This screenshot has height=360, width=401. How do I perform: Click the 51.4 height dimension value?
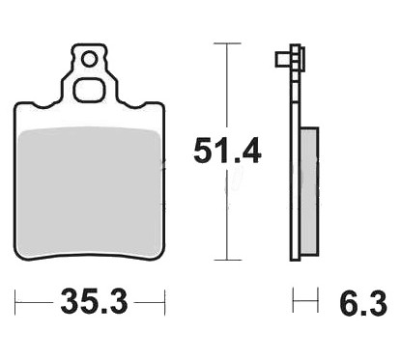pyautogui.click(x=227, y=151)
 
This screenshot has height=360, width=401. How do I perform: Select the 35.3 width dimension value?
pyautogui.click(x=94, y=302)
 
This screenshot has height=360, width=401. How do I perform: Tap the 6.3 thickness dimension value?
pyautogui.click(x=363, y=304)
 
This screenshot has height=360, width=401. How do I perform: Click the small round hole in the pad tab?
pyautogui.click(x=89, y=60)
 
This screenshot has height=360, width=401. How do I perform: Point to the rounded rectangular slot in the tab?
pyautogui.click(x=89, y=90)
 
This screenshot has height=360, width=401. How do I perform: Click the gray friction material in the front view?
pyautogui.click(x=90, y=192)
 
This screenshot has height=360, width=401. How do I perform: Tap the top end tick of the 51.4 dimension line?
pyautogui.click(x=227, y=43)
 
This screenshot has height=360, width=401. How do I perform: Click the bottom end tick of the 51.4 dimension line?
pyautogui.click(x=227, y=260)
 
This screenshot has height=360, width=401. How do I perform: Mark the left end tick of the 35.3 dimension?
pyautogui.click(x=15, y=302)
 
